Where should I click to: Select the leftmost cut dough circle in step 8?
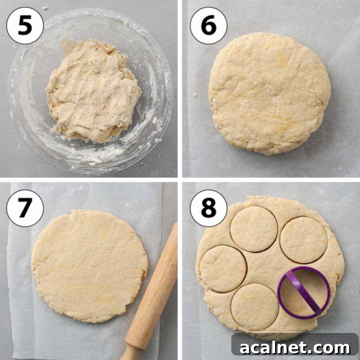[223, 268]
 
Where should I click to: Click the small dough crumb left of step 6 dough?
[195, 95]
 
